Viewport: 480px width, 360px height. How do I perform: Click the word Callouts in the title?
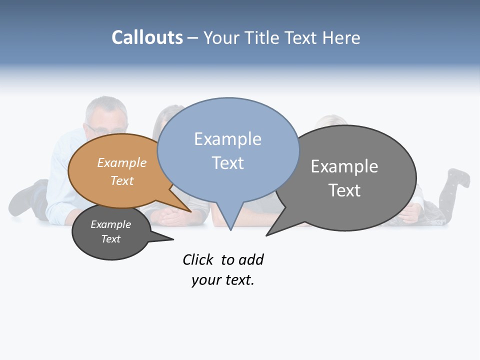pos(147,37)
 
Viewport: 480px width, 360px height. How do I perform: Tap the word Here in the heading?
pos(341,38)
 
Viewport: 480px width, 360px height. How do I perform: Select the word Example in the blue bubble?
pos(227,139)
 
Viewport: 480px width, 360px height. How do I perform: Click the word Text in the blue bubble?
pos(227,163)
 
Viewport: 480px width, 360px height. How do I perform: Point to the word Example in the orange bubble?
pos(122,163)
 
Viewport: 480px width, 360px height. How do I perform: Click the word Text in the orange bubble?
pos(122,180)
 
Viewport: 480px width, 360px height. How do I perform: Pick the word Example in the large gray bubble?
pos(344,166)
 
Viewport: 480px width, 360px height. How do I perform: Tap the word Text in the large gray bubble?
pos(344,190)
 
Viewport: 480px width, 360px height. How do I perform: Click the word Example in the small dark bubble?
pos(110,224)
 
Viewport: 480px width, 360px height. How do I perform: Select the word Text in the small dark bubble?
pos(110,239)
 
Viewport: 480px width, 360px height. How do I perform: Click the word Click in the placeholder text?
pos(198,260)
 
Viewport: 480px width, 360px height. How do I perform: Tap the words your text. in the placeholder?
pos(222,280)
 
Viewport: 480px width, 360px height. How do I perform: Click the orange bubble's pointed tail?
pos(189,210)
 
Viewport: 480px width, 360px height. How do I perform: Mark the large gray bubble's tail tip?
pos(267,234)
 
